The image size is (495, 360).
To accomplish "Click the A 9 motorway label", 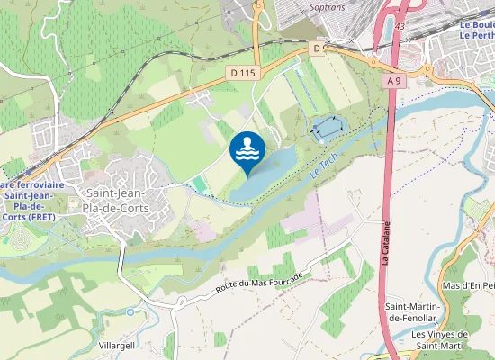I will point(393,81).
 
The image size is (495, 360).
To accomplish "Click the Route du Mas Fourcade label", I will point(270,282).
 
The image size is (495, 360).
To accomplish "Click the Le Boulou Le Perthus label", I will point(478,30).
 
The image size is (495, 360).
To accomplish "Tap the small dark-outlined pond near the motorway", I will point(326,129).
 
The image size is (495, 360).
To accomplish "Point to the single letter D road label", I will point(317,47).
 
